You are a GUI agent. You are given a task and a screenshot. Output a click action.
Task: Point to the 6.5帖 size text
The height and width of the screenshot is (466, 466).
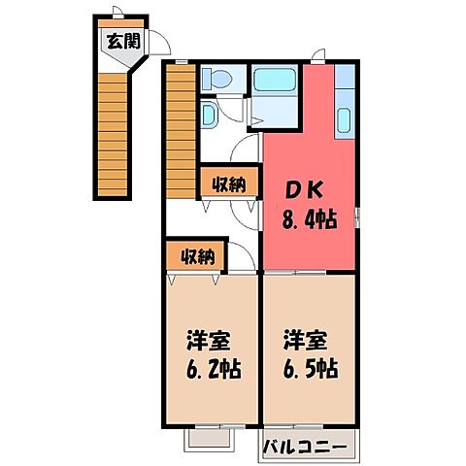tap(311, 370)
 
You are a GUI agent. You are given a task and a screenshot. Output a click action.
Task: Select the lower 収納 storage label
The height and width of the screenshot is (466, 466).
tap(196, 256)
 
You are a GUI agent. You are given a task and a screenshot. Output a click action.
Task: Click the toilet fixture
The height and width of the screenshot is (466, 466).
tap(216, 80)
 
